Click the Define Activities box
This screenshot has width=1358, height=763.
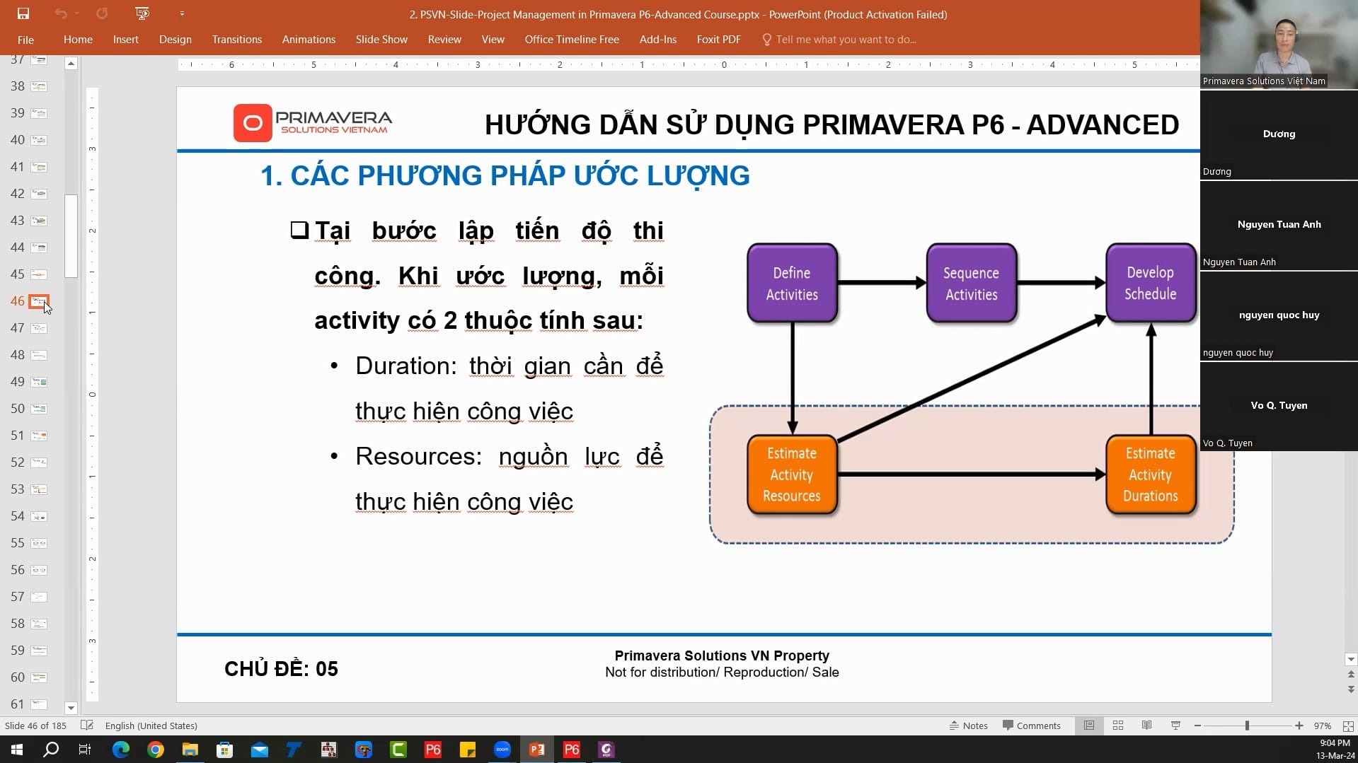click(792, 283)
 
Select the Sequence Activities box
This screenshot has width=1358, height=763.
click(971, 283)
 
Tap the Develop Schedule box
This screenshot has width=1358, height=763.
click(1150, 283)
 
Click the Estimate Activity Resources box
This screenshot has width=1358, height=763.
click(792, 474)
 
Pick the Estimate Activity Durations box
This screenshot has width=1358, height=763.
click(1150, 474)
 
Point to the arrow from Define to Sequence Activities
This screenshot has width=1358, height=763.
click(881, 283)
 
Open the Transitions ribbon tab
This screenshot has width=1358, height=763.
click(236, 40)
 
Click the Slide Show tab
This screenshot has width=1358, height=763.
click(381, 40)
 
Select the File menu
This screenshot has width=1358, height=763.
click(25, 40)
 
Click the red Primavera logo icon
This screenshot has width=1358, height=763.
click(253, 123)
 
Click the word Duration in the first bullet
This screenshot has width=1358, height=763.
click(405, 366)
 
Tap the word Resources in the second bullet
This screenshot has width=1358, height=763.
click(418, 456)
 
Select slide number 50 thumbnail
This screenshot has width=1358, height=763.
click(39, 409)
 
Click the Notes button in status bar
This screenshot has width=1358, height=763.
click(968, 726)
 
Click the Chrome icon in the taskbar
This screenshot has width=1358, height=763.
click(155, 750)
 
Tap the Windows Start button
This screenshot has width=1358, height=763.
click(17, 750)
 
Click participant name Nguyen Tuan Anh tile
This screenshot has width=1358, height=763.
click(1279, 225)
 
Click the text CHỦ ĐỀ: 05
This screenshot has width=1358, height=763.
click(281, 669)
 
